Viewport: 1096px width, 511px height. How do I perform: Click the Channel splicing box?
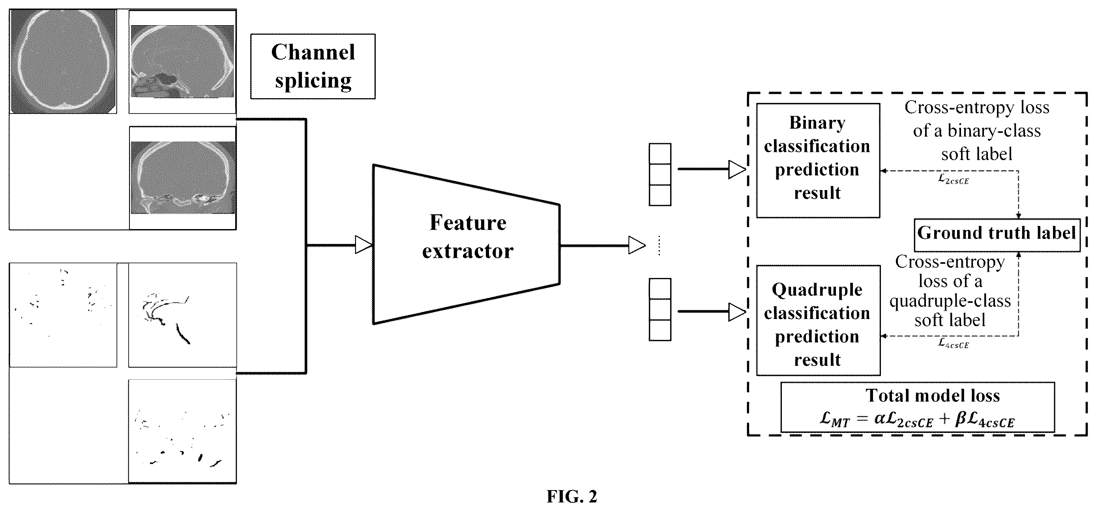313,66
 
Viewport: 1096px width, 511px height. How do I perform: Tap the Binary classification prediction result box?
818,161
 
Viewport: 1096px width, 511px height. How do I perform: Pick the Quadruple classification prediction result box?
818,320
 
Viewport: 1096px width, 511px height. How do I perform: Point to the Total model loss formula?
917,420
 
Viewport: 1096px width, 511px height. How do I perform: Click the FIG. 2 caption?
572,496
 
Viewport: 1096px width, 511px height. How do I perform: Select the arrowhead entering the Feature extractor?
364,245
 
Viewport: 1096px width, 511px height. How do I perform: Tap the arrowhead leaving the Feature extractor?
637,245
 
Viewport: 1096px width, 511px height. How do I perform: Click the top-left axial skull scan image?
63,62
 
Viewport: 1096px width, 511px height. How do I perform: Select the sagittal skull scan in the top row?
182,62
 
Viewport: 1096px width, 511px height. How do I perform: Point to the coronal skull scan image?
182,178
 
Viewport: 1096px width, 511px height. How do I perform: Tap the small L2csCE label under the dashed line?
953,179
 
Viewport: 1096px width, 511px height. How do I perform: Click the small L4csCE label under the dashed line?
953,343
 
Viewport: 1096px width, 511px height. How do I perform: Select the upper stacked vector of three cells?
660,175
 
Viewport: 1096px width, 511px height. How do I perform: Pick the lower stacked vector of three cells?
660,310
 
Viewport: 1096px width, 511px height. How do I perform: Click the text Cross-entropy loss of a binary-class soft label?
977,131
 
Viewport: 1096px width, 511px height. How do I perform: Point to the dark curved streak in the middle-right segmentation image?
184,333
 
